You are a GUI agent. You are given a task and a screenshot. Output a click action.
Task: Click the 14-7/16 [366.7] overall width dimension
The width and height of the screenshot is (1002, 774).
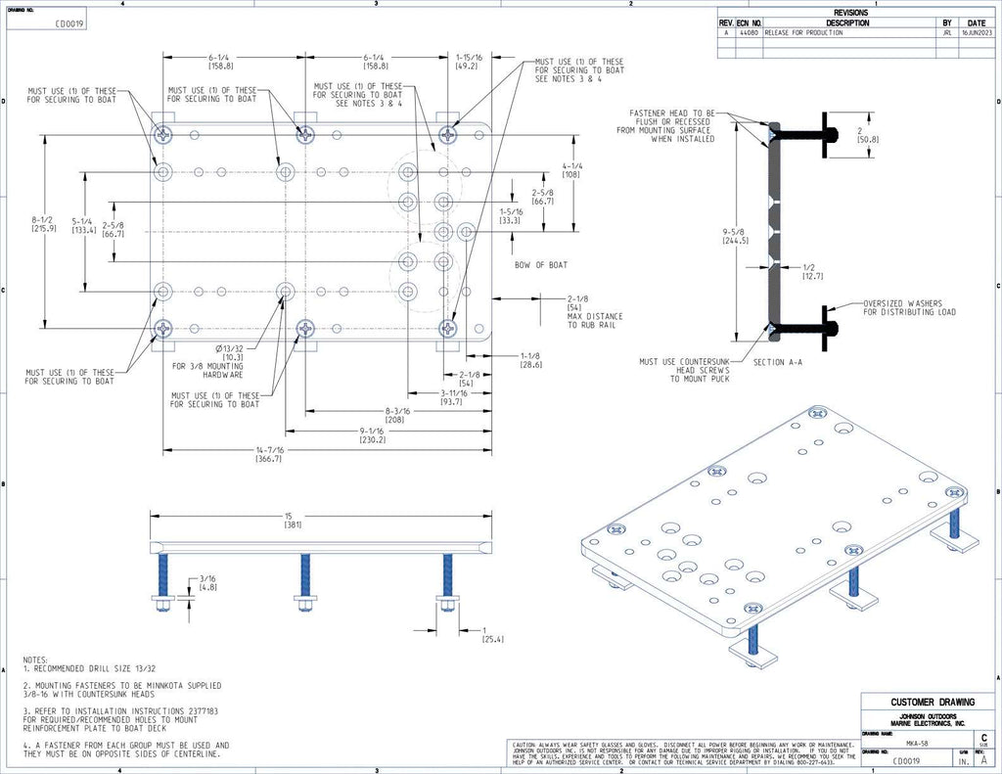(268, 455)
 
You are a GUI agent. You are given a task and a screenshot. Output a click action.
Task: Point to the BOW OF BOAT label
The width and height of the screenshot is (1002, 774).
(541, 265)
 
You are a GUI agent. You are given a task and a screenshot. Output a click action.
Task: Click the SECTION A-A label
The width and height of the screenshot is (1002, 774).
(777, 362)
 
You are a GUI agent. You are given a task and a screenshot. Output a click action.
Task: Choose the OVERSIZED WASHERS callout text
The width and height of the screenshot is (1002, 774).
(909, 308)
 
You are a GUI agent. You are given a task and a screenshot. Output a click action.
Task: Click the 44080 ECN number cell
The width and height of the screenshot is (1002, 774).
(748, 32)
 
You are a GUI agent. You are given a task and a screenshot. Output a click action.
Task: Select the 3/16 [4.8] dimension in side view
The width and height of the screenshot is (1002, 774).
(207, 582)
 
